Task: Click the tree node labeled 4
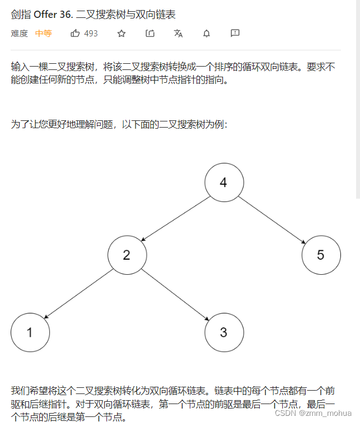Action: pyautogui.click(x=223, y=182)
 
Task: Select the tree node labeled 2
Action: pyautogui.click(x=127, y=255)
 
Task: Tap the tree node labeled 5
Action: pyautogui.click(x=321, y=255)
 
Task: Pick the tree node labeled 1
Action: pyautogui.click(x=30, y=332)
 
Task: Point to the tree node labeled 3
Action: pyautogui.click(x=223, y=332)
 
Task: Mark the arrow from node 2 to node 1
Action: pyautogui.click(x=78, y=294)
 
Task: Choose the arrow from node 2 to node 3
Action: pyautogui.click(x=175, y=294)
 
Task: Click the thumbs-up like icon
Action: pyautogui.click(x=76, y=34)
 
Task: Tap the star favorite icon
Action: pyautogui.click(x=121, y=34)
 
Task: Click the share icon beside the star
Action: pyautogui.click(x=150, y=34)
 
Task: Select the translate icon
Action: pyautogui.click(x=179, y=34)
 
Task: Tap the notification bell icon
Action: pyautogui.click(x=207, y=34)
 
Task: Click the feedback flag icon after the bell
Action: pyautogui.click(x=235, y=34)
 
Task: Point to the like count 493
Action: pyautogui.click(x=91, y=34)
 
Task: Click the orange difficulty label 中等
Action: pyautogui.click(x=43, y=34)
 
